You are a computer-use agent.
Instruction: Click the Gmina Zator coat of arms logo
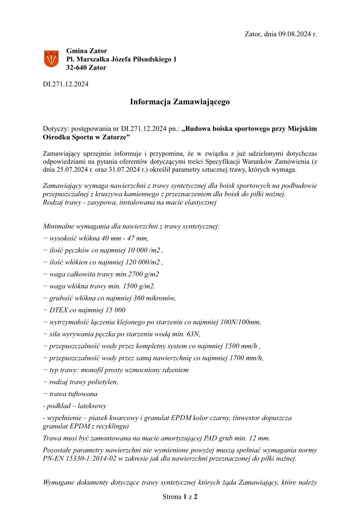tap(51, 59)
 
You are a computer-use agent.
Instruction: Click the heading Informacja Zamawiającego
tap(180, 102)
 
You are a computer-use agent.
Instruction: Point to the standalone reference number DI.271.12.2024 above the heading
tap(66, 84)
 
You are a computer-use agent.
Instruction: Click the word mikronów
tap(161, 298)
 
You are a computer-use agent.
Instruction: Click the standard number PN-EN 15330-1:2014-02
tap(78, 459)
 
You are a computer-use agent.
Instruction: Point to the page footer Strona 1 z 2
tap(180, 497)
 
